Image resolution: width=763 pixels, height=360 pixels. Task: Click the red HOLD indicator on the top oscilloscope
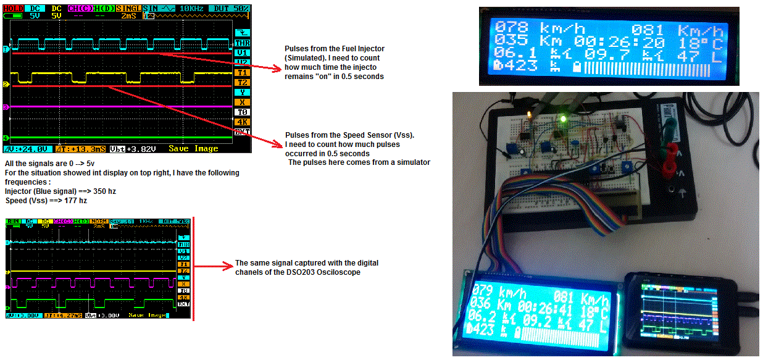[x=14, y=8]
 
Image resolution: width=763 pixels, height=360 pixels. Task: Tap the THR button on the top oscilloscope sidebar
[x=242, y=43]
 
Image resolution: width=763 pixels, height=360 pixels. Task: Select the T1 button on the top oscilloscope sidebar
[x=242, y=72]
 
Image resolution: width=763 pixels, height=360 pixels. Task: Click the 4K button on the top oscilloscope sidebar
[x=242, y=122]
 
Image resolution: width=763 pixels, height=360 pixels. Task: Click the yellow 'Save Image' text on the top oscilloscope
[x=193, y=149]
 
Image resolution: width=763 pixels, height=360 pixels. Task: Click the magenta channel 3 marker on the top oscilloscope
[x=6, y=107]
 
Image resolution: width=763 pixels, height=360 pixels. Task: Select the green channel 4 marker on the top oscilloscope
[x=6, y=138]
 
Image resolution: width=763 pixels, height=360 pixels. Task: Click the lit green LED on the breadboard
[x=562, y=118]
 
